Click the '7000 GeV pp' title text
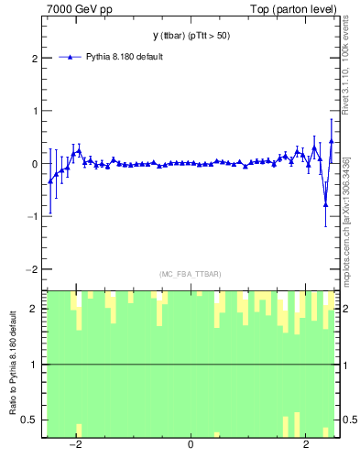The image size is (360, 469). coord(80,9)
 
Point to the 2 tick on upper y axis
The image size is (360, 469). coord(35,58)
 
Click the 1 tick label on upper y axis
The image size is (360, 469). coord(35,111)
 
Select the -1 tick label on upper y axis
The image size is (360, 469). coord(33,217)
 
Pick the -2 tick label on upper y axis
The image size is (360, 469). coord(33,269)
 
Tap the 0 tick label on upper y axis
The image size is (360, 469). coord(35,164)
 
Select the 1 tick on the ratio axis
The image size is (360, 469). coord(35,365)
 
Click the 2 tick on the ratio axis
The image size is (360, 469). coord(35,309)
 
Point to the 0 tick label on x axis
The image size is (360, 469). coord(191,446)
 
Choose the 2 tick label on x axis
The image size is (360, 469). coord(305,446)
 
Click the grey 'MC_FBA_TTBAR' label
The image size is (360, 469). coord(190,274)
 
